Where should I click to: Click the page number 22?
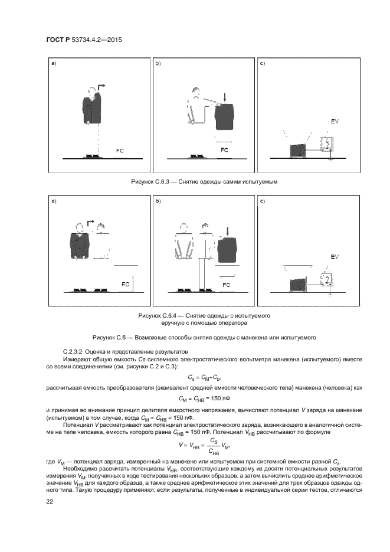50,501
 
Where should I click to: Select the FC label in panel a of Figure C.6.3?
120,151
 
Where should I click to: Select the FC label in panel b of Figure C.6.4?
225,284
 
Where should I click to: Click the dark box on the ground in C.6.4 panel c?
298,285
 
